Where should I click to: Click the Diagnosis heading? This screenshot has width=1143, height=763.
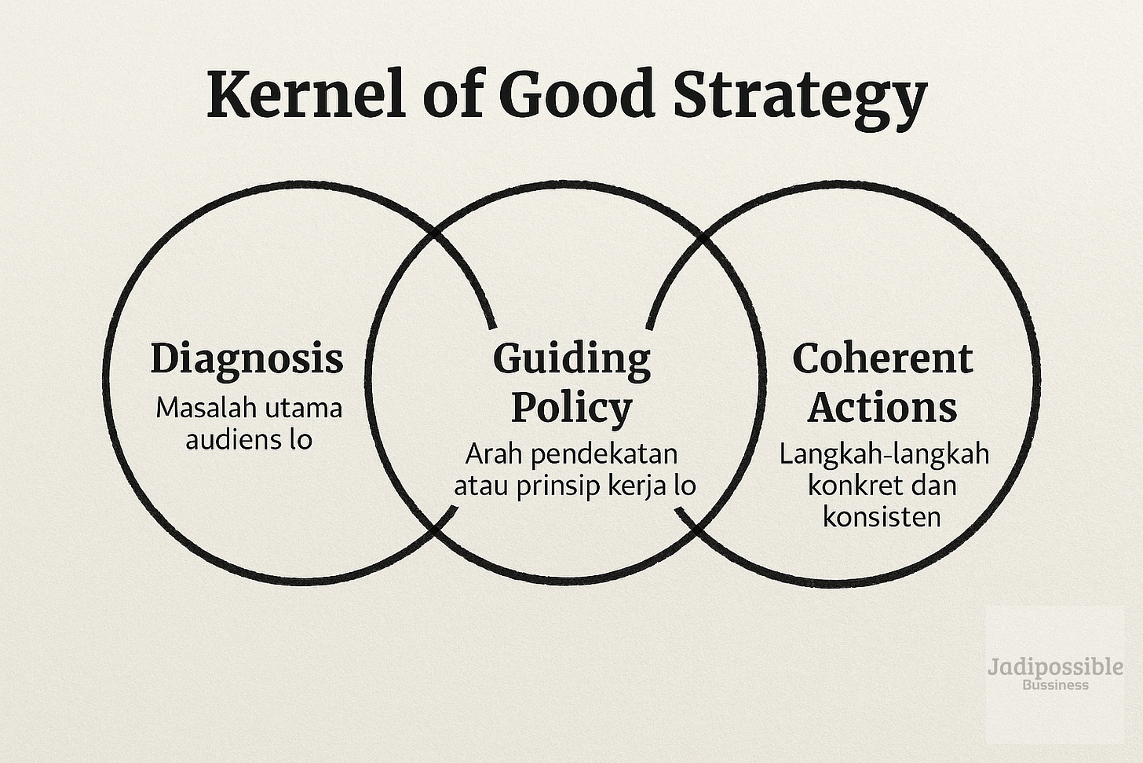point(246,358)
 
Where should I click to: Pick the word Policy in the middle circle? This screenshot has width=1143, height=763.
point(571,406)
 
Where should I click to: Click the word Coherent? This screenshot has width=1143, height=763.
point(882,358)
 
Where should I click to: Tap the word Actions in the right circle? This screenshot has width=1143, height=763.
point(882,406)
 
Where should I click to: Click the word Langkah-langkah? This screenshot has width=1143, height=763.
point(884,454)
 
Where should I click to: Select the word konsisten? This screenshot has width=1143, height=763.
point(882,516)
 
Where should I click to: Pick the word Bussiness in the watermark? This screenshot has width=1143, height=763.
point(1055,684)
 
